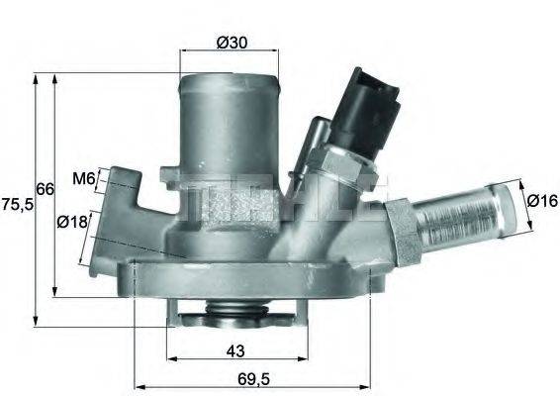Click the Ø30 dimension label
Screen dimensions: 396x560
[x=231, y=42]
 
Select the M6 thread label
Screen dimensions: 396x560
[x=83, y=179]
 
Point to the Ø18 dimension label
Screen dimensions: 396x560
[x=73, y=222]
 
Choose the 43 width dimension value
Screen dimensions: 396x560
[x=234, y=350]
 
